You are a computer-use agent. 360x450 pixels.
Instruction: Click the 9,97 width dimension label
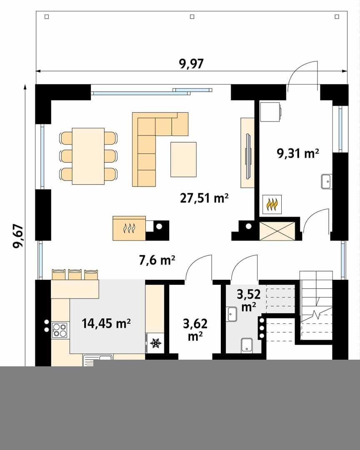pyautogui.click(x=191, y=64)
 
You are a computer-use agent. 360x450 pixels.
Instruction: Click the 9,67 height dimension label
pyautogui.click(x=18, y=236)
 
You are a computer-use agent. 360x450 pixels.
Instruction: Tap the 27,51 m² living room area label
pyautogui.click(x=204, y=198)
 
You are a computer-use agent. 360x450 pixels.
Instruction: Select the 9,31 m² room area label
pyautogui.click(x=298, y=153)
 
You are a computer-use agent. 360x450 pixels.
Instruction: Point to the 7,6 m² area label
pyautogui.click(x=157, y=260)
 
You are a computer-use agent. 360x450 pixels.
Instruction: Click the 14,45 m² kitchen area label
pyautogui.click(x=106, y=323)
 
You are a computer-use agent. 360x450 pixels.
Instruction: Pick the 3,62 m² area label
pyautogui.click(x=195, y=330)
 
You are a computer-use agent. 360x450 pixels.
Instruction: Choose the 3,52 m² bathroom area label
pyautogui.click(x=248, y=300)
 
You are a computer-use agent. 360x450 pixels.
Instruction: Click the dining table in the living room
pyautogui.click(x=88, y=156)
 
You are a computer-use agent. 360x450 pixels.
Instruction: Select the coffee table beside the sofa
pyautogui.click(x=184, y=159)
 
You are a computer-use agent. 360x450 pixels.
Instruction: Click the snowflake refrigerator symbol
pyautogui.click(x=155, y=343)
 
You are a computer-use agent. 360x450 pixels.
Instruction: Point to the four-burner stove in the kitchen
pyautogui.click(x=60, y=330)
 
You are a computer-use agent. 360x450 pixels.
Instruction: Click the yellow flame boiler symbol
pyautogui.click(x=272, y=204)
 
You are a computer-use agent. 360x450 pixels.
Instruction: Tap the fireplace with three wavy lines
pyautogui.click(x=129, y=228)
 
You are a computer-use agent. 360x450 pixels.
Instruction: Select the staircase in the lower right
pyautogui.click(x=316, y=306)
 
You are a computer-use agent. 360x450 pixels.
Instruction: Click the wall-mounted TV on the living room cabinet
pyautogui.click(x=248, y=155)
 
